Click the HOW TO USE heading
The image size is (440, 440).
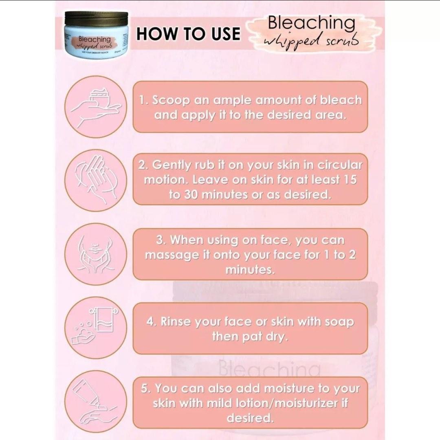pyautogui.click(x=188, y=33)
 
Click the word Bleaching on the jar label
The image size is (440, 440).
pyautogui.click(x=95, y=40)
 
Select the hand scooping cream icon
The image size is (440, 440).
pyautogui.click(x=96, y=107)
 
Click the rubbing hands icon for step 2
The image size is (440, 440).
pyautogui.click(x=96, y=180)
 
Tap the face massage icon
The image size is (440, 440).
pyautogui.click(x=96, y=254)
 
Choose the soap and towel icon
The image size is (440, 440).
pyautogui.click(x=96, y=327)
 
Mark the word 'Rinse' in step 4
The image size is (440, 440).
pyautogui.click(x=176, y=322)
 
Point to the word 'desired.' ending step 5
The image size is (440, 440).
pyautogui.click(x=249, y=418)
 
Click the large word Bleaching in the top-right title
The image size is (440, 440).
pyautogui.click(x=311, y=24)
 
